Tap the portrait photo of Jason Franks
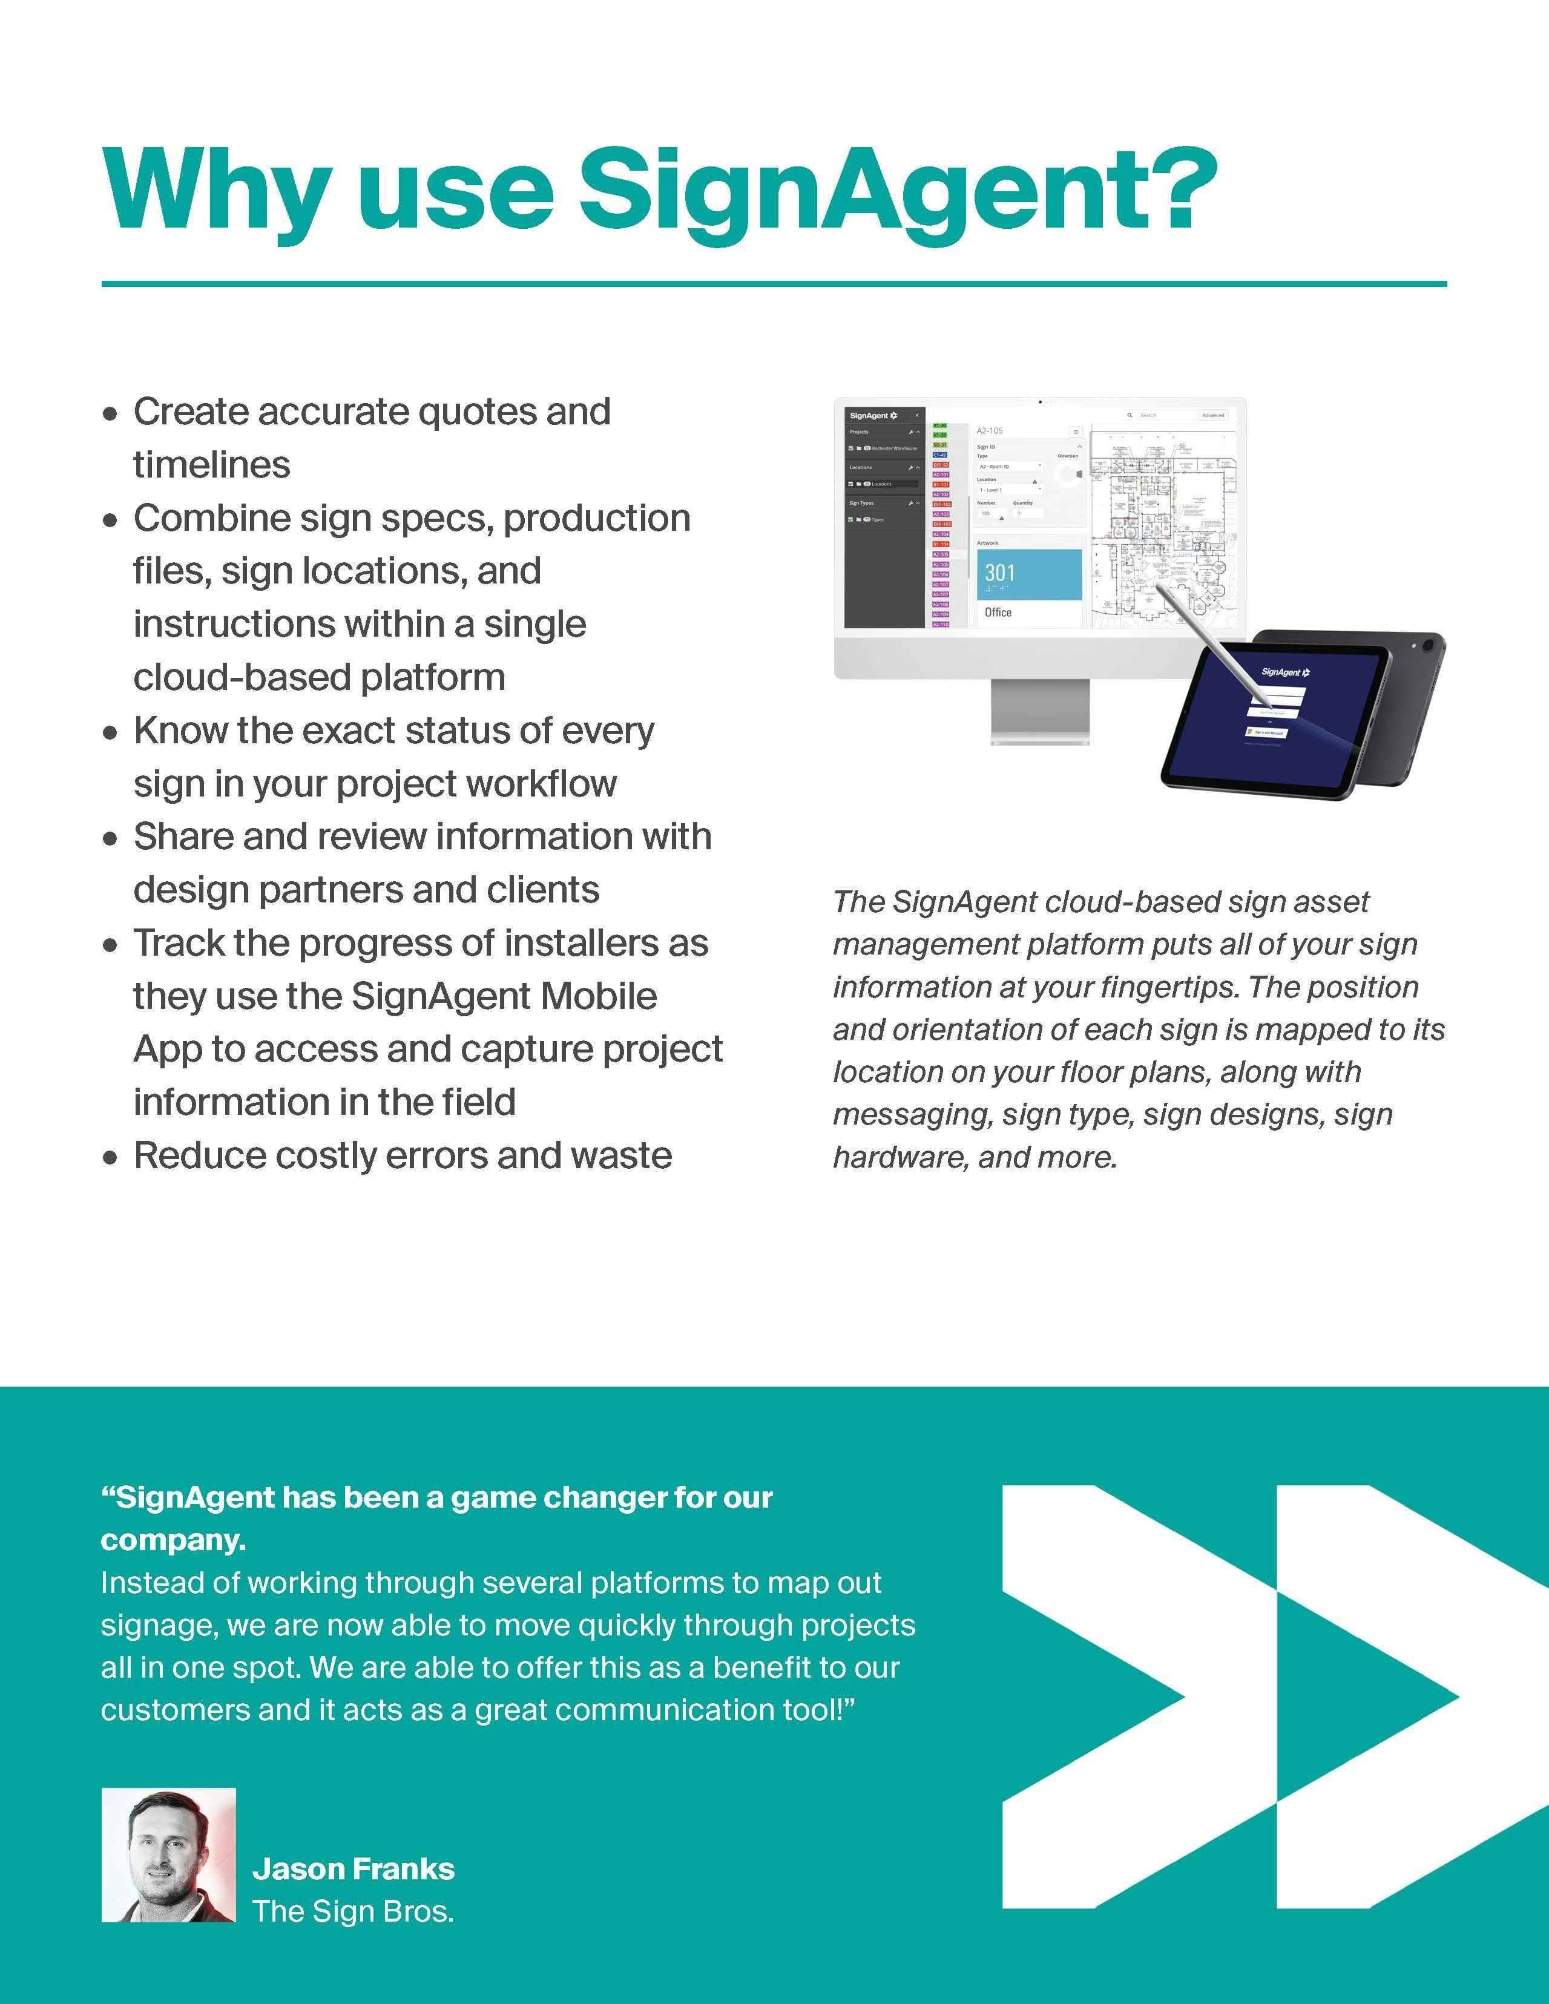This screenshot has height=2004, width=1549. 168,1855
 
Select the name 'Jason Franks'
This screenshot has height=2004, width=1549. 354,1868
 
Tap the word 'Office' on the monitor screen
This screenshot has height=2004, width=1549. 998,612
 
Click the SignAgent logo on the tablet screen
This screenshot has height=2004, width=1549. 1284,672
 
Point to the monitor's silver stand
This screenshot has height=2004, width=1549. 1040,711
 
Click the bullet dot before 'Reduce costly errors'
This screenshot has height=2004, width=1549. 111,1157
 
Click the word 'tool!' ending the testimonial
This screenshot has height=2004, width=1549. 817,1709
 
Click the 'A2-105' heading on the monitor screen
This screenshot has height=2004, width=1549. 989,430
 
